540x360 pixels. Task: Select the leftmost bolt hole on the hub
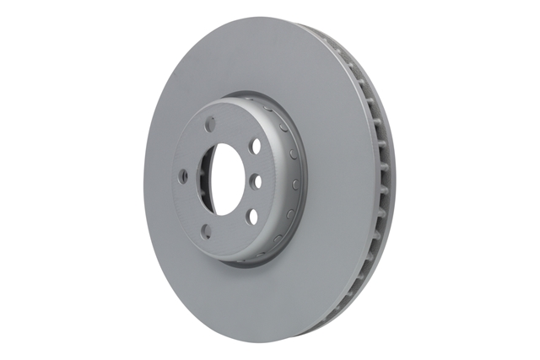(182, 175)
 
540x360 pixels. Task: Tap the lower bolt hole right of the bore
(251, 216)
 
